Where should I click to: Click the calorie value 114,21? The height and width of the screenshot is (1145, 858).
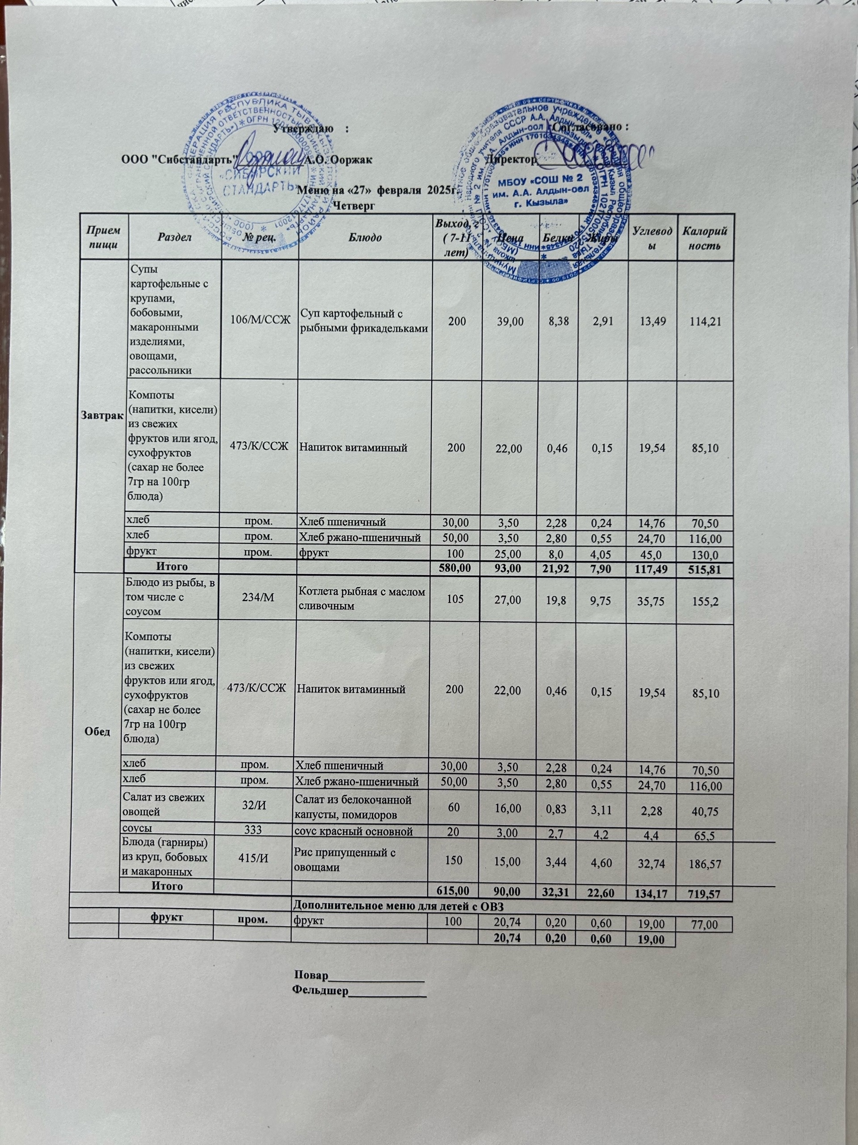[704, 322]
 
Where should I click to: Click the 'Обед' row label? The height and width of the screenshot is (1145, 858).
[101, 733]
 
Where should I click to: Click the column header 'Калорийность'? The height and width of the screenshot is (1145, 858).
[704, 237]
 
